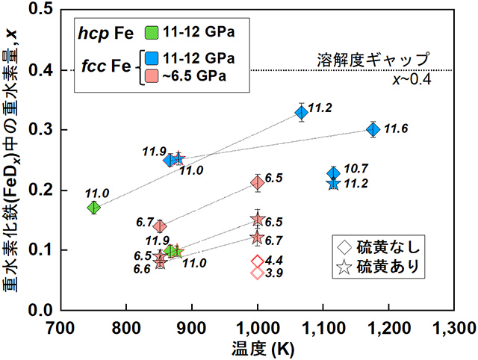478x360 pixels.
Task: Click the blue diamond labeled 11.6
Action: (x=373, y=129)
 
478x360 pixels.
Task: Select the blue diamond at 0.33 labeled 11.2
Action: (x=301, y=113)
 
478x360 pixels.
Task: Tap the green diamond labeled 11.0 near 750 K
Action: (x=93, y=207)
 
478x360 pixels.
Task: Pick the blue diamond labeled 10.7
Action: (x=334, y=173)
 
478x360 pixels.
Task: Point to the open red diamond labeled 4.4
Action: (x=257, y=261)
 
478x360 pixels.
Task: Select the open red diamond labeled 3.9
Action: (x=257, y=273)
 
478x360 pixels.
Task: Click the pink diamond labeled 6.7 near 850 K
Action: (x=159, y=226)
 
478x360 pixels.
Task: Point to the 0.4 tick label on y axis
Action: (x=43, y=70)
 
